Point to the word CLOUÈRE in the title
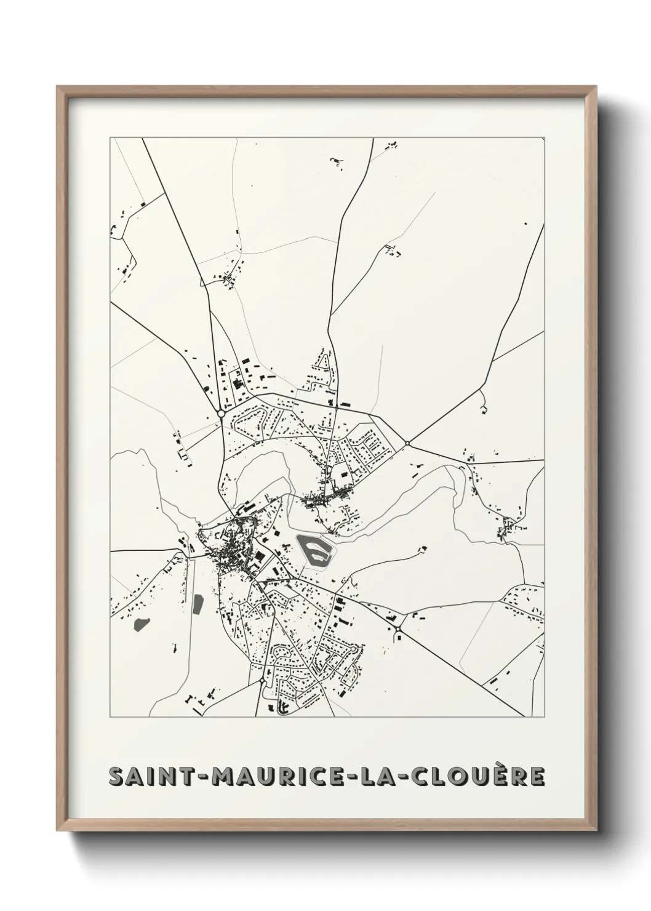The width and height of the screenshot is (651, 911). coord(471,777)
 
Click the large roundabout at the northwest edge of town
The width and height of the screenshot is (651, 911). coord(220,413)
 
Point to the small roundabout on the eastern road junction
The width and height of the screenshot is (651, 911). coord(407,443)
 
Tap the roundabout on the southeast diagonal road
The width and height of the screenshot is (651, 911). coord(398,628)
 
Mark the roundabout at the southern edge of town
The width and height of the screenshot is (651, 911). coord(263,683)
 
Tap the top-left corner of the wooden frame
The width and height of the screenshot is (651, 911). coord(58,87)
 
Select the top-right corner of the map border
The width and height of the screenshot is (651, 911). coord(544,138)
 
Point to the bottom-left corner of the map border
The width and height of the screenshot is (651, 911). coord(111,716)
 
